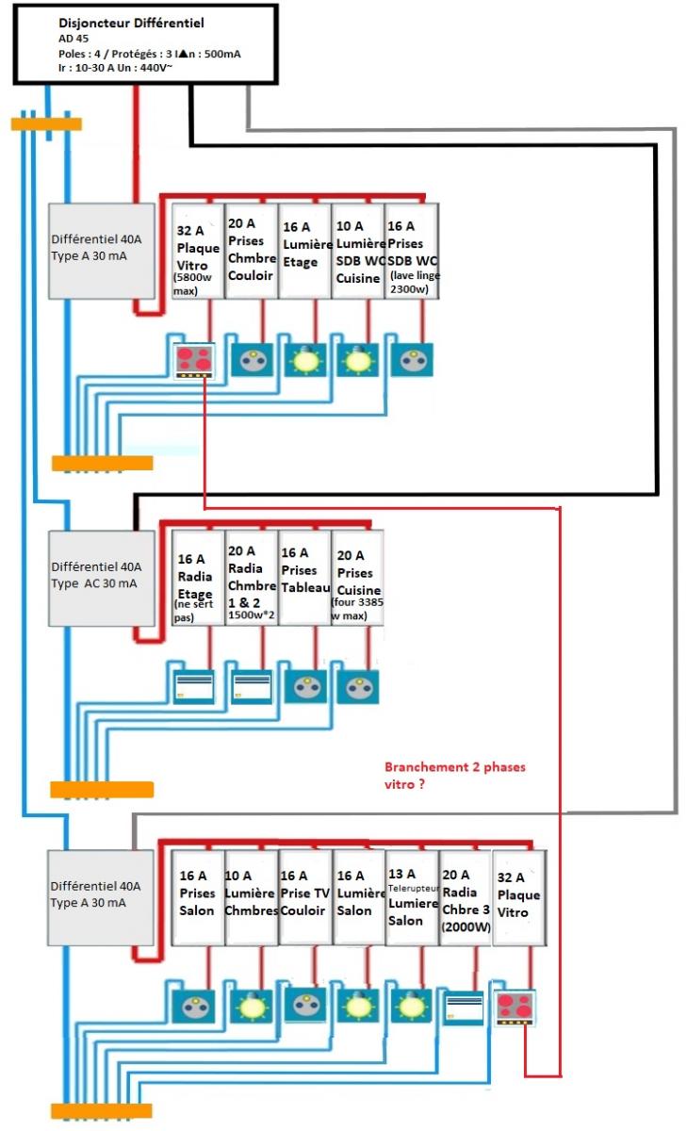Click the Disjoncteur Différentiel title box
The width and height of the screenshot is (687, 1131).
tap(145, 43)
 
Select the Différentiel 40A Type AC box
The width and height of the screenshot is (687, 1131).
tap(101, 577)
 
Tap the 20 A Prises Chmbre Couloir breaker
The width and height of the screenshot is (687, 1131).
tap(252, 252)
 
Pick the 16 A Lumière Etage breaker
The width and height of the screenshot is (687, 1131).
tap(304, 252)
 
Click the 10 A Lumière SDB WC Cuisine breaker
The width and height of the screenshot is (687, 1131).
tap(357, 252)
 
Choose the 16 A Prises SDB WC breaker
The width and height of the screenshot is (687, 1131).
tap(412, 252)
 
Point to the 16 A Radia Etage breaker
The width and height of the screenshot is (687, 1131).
tap(198, 577)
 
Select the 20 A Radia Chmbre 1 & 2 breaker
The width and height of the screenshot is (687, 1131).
tap(252, 577)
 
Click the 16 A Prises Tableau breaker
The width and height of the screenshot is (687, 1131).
tap(304, 577)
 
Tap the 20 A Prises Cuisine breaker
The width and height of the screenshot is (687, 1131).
tap(357, 577)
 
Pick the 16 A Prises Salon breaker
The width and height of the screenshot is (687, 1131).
tap(198, 897)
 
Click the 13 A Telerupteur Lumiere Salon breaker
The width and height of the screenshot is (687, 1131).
tap(412, 897)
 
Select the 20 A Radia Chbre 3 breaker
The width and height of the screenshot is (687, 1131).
tap(465, 897)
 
